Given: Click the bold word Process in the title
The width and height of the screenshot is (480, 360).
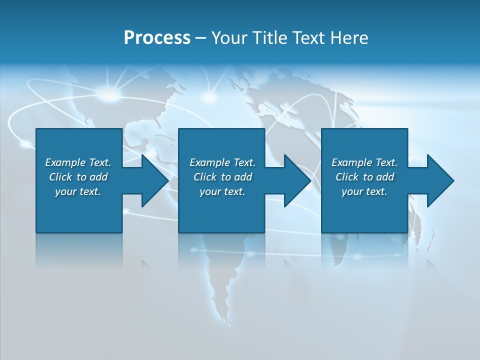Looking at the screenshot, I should [157, 37].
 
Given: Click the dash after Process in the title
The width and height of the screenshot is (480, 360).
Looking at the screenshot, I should [200, 38].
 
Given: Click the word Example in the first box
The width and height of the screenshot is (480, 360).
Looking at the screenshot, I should [65, 162].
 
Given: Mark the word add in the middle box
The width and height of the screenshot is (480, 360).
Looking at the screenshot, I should [243, 177].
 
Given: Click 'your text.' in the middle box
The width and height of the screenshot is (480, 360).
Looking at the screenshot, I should [222, 191].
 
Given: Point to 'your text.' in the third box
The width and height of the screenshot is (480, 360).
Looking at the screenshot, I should [364, 191].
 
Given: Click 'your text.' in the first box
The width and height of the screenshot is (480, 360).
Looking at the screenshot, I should [77, 191].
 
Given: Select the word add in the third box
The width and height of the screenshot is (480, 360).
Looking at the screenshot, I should [385, 177].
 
